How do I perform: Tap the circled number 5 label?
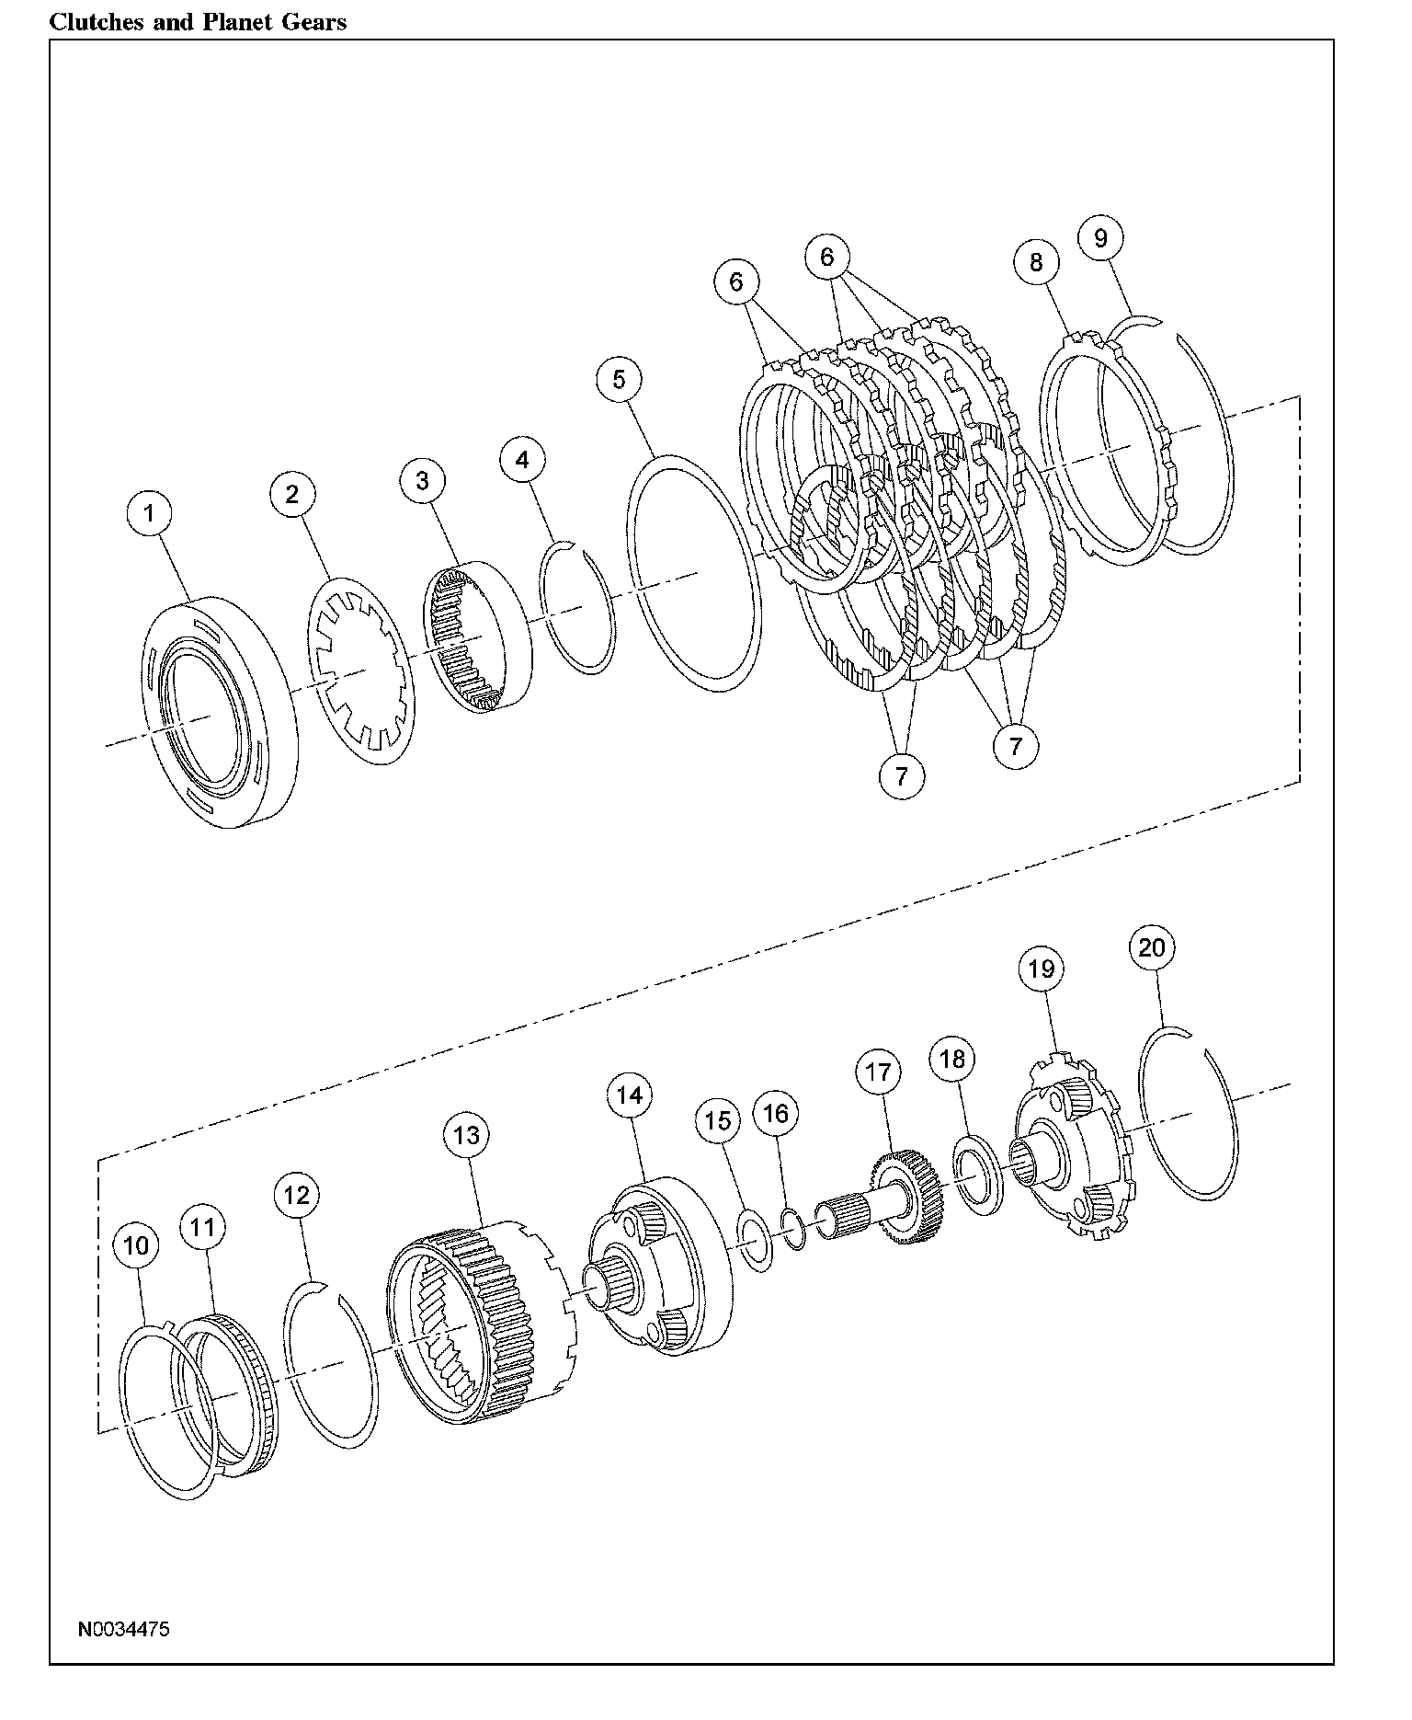[619, 379]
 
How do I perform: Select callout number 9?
[1101, 238]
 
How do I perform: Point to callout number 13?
[467, 1135]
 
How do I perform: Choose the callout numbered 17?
[878, 1072]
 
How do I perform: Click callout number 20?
[1152, 947]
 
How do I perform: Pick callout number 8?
[1036, 262]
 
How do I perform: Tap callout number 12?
[297, 1195]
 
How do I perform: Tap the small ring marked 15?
[756, 1241]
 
